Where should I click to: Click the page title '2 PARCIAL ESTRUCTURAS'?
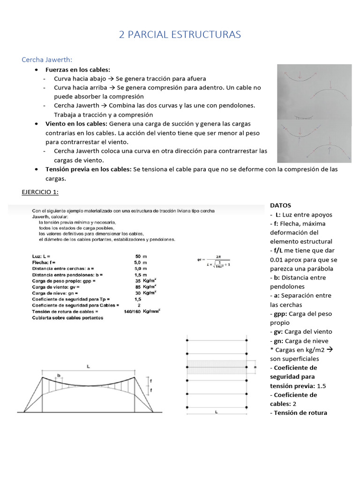(x=180, y=35)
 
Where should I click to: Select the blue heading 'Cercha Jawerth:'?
(x=47, y=60)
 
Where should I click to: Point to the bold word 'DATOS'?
(x=281, y=205)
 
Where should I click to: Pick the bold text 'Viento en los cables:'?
(x=76, y=124)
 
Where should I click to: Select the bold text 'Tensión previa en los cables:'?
(x=89, y=169)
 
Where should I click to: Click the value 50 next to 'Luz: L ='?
(x=138, y=256)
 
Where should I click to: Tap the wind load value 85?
(x=138, y=286)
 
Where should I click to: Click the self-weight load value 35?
(x=138, y=280)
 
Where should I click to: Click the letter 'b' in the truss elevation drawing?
(x=59, y=375)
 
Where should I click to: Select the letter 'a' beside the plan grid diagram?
(x=255, y=367)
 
